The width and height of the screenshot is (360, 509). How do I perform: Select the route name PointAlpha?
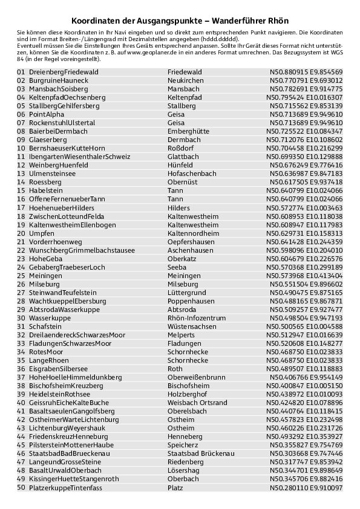tap(47, 114)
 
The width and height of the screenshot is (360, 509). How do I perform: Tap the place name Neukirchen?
tap(186, 80)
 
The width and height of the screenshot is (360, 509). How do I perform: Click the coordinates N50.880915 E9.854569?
tap(306, 71)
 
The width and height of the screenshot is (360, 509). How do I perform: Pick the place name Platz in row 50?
tap(175, 487)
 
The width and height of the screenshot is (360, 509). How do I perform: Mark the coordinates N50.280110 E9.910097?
tap(306, 487)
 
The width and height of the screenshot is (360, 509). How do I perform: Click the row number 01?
tap(21, 71)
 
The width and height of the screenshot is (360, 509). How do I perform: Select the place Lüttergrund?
tap(186, 292)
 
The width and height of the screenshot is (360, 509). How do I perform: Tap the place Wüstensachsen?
tap(192, 326)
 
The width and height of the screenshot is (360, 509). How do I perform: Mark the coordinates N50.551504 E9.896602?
tap(306, 284)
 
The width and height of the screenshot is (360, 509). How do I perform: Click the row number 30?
tap(21, 317)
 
